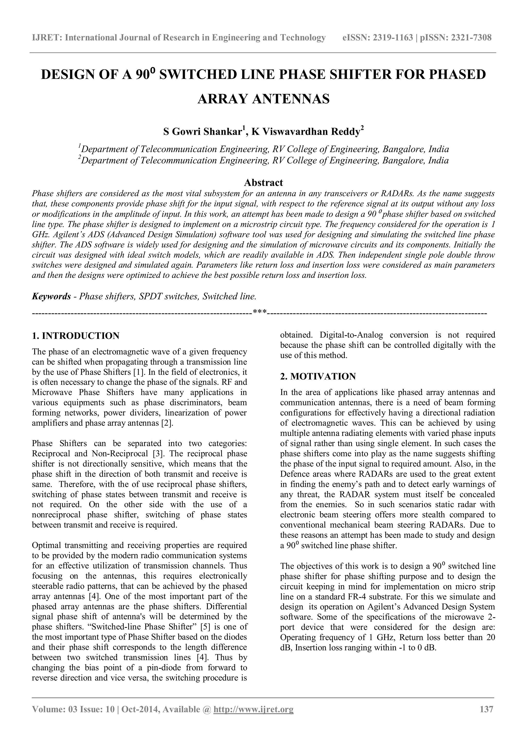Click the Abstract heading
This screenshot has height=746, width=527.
pyautogui.click(x=263, y=182)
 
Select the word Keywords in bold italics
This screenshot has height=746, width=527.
pyautogui.click(x=51, y=296)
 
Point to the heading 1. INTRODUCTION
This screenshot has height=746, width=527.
pyautogui.click(x=76, y=336)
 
